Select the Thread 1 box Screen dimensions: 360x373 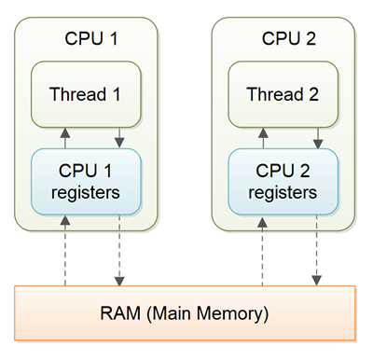(90, 94)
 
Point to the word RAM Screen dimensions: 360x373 (115, 312)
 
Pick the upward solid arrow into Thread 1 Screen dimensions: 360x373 (65, 138)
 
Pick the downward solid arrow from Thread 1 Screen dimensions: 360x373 (119, 138)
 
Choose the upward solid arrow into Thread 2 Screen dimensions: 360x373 (262, 138)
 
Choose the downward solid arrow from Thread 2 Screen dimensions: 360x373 (317, 138)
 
